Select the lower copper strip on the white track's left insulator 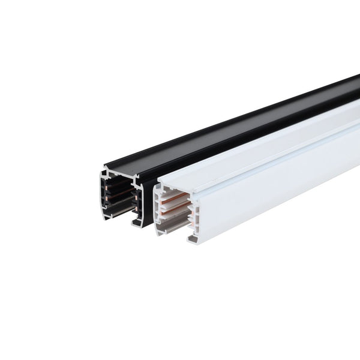(170, 220)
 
